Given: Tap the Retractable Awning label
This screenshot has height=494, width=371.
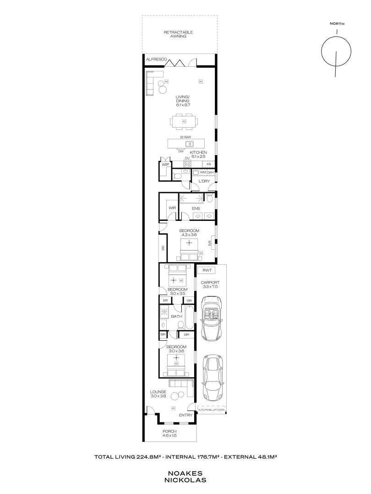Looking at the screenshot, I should pyautogui.click(x=178, y=34).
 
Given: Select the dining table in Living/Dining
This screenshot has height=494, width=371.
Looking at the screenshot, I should pyautogui.click(x=184, y=121).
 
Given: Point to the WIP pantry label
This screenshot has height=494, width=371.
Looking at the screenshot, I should pyautogui.click(x=165, y=165).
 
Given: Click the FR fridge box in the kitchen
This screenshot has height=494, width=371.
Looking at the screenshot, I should pyautogui.click(x=209, y=164).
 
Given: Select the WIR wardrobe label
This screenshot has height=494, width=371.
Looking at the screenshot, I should pyautogui.click(x=172, y=208).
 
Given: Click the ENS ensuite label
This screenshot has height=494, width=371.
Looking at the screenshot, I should pyautogui.click(x=196, y=208).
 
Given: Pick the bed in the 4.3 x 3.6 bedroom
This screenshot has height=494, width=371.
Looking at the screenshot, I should pyautogui.click(x=189, y=247).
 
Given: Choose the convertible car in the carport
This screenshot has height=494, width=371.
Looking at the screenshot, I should pyautogui.click(x=211, y=318).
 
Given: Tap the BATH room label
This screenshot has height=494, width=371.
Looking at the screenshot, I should pyautogui.click(x=177, y=316).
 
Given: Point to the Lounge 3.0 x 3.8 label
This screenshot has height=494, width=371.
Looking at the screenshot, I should pyautogui.click(x=158, y=394).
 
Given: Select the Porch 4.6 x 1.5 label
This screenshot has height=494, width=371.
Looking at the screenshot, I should pyautogui.click(x=169, y=434).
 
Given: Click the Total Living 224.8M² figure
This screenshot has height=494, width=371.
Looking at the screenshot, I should pyautogui.click(x=129, y=456).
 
